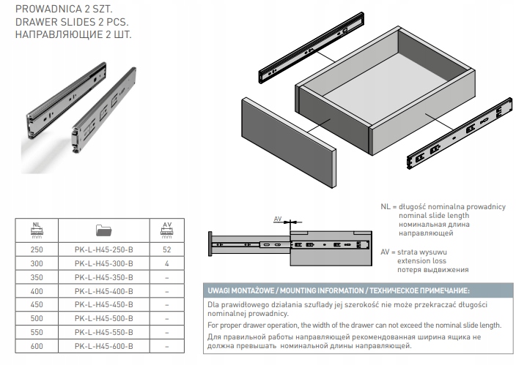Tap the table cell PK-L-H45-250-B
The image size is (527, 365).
click(103, 249)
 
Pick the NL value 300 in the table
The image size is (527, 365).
click(36, 262)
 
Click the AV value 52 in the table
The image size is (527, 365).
click(166, 249)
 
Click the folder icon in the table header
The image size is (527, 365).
click(103, 230)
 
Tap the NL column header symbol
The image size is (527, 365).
click(36, 230)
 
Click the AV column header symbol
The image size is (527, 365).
click(166, 230)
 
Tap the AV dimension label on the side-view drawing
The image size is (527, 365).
click(277, 219)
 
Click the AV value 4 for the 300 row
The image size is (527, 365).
click(166, 262)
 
